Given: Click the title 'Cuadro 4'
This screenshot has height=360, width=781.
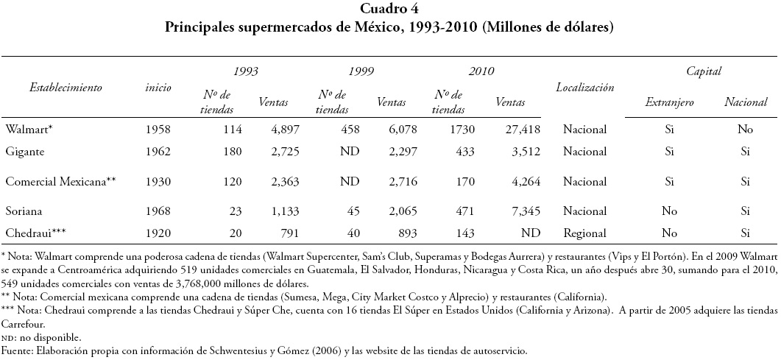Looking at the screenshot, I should pyautogui.click(x=389, y=10).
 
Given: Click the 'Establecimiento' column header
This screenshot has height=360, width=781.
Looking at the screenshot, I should pyautogui.click(x=66, y=87).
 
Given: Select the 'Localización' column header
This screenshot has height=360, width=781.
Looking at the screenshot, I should pyautogui.click(x=584, y=87).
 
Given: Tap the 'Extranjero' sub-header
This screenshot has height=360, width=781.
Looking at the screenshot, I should pyautogui.click(x=669, y=103).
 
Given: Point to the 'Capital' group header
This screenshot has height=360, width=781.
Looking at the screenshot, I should pyautogui.click(x=703, y=71).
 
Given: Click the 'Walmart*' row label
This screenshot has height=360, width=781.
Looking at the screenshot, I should pyautogui.click(x=29, y=130).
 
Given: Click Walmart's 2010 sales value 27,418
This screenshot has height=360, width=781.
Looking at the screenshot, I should pyautogui.click(x=521, y=130).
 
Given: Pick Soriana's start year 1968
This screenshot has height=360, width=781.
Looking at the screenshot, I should pyautogui.click(x=158, y=211).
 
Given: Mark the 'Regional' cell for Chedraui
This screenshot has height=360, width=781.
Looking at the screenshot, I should pyautogui.click(x=584, y=233).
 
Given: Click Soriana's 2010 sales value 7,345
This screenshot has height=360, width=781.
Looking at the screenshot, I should pyautogui.click(x=524, y=211).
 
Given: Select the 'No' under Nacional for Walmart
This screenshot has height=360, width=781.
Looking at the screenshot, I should pyautogui.click(x=745, y=130).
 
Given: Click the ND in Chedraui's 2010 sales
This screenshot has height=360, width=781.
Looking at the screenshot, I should pyautogui.click(x=531, y=233).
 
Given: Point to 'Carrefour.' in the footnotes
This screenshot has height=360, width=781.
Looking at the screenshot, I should pyautogui.click(x=23, y=324).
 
